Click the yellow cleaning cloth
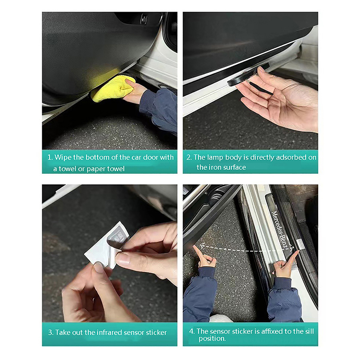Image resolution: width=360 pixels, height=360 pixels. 112,89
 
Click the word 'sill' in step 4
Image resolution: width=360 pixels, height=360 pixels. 310,331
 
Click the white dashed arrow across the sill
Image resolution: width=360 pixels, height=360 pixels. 247,249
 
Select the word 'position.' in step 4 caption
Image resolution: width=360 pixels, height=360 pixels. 212,338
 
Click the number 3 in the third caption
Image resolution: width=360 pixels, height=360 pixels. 50,333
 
